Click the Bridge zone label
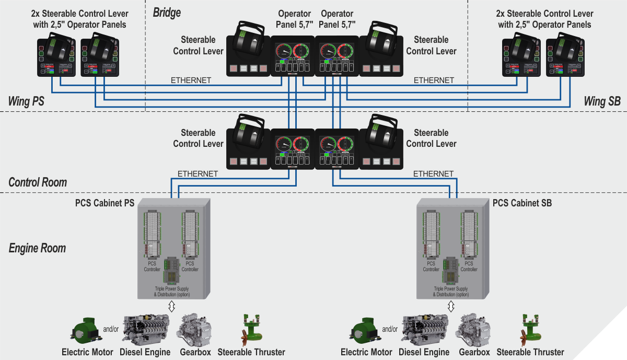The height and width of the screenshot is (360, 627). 167,12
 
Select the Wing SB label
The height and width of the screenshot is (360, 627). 602,101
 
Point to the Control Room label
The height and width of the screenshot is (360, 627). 38,182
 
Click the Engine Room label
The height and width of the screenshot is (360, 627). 38,248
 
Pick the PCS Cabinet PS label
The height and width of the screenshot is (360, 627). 104,202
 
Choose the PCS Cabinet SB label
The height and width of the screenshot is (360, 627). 522,202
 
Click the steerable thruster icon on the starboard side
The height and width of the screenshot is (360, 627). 529,328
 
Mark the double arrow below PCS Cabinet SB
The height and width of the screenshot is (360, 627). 451,307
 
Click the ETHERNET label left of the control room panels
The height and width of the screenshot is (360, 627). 198,173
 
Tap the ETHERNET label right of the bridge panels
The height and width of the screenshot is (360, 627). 434,80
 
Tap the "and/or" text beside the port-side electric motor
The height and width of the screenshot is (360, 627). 111,329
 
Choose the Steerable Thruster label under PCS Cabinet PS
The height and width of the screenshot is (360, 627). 251,352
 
